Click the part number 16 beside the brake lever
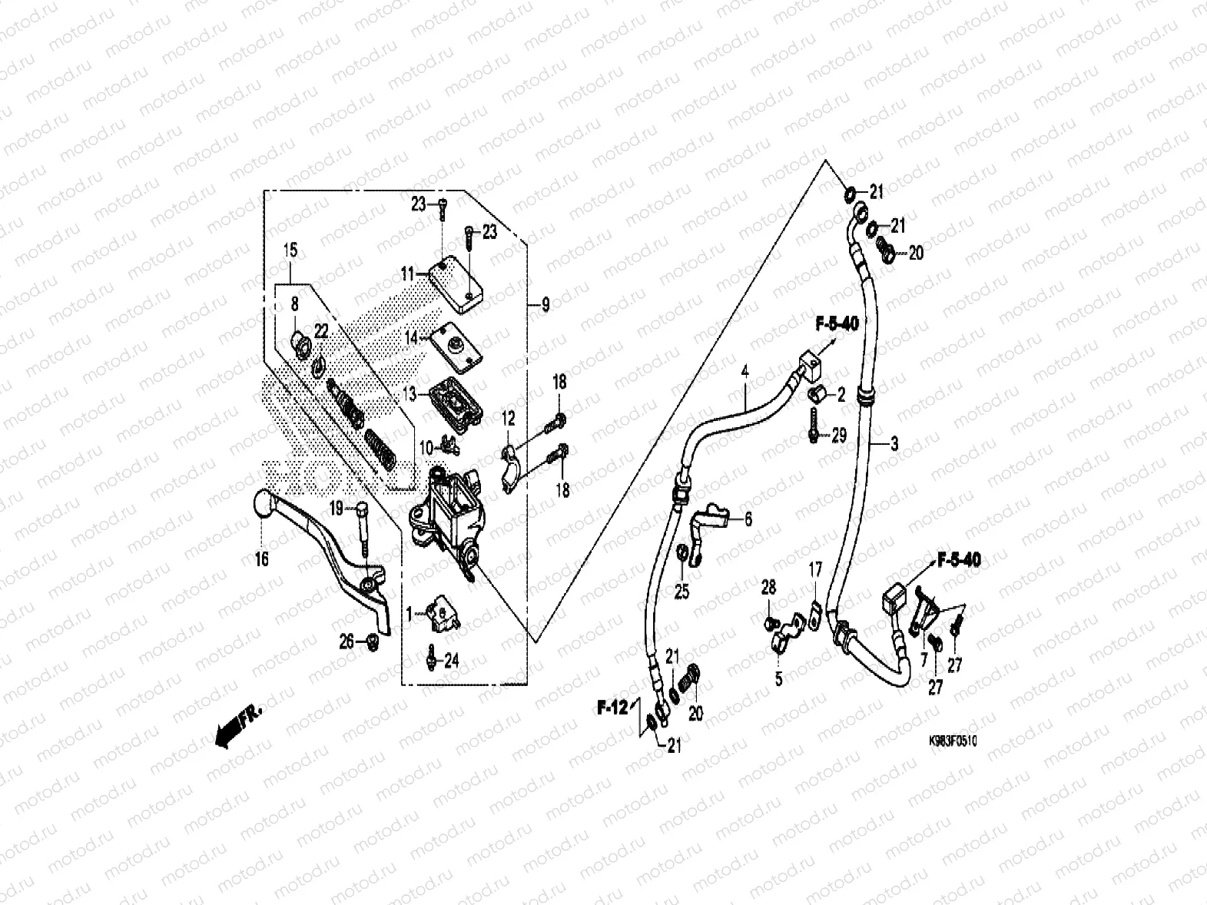[262, 559]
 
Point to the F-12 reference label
[613, 706]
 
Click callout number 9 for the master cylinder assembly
[545, 305]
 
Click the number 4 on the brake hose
[744, 372]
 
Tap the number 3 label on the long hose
[894, 443]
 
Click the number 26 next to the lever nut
[347, 639]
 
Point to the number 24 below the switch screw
[451, 660]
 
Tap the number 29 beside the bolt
[839, 436]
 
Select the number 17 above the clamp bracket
[815, 569]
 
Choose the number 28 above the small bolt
[769, 588]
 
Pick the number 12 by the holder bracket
[509, 419]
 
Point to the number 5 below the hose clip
[778, 680]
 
